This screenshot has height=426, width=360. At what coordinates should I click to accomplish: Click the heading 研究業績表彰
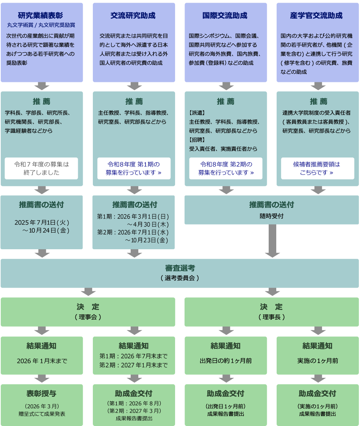tap(41, 16)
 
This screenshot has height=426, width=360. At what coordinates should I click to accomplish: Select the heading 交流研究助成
tap(133, 16)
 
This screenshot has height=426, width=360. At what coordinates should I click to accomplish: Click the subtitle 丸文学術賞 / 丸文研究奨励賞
tap(41, 25)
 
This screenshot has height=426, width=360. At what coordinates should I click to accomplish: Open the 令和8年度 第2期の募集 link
tap(226, 168)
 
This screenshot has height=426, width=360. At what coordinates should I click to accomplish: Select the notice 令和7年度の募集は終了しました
tap(42, 168)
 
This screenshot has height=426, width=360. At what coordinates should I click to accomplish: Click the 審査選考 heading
tap(180, 268)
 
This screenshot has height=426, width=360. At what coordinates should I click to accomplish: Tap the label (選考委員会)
tap(180, 278)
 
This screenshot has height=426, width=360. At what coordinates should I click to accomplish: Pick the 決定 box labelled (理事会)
tap(88, 311)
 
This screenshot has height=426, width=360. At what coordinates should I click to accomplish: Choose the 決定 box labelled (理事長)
tap(272, 311)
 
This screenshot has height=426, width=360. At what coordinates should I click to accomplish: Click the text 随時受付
tap(271, 216)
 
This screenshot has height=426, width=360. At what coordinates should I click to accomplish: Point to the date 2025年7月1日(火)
tap(42, 222)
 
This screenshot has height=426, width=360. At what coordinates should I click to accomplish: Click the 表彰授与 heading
tap(42, 393)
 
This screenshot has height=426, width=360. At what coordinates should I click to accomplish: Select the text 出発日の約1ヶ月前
tap(226, 361)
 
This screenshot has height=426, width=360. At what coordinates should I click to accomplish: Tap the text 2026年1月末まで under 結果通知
tap(42, 361)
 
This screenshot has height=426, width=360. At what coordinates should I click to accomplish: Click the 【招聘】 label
tap(197, 140)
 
